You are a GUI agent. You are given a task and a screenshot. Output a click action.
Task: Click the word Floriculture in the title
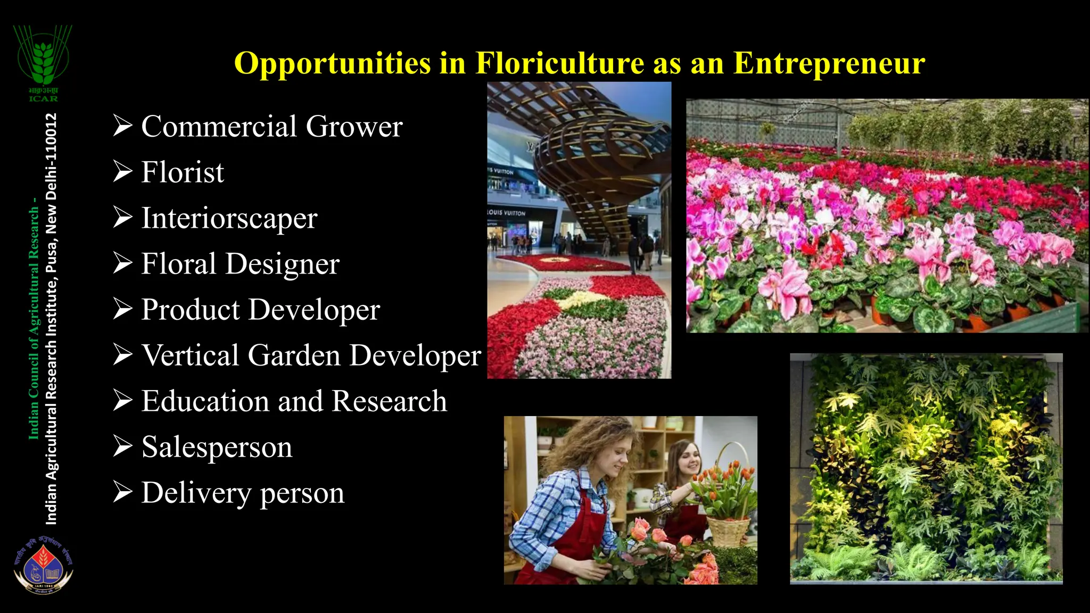pos(559,63)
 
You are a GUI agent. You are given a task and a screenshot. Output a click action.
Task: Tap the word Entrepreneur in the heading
pos(829,63)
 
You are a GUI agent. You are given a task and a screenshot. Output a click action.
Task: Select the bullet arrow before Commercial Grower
pos(122,126)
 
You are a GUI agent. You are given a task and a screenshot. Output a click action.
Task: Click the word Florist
pos(183,172)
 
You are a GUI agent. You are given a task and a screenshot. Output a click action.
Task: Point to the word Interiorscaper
pos(229,218)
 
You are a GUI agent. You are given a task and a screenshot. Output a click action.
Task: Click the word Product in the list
pos(190,310)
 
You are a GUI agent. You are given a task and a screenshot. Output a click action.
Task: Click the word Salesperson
pos(217,447)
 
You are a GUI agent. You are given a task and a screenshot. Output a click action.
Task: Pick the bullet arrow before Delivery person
pos(122,492)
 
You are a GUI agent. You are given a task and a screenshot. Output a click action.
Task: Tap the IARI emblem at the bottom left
pos(43,566)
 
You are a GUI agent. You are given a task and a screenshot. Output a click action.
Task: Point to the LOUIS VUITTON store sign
pos(507,213)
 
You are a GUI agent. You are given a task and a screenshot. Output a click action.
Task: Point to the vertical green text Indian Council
pos(34,394)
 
